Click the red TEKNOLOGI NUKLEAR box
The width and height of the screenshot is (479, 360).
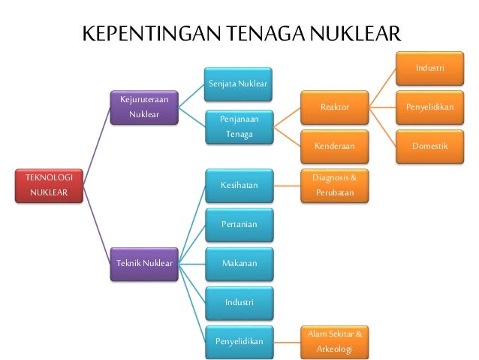click(49, 186)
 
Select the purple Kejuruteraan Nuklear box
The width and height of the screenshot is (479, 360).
click(143, 107)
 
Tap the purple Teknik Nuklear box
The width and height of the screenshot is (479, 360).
click(143, 263)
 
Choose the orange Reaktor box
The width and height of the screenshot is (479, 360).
click(334, 107)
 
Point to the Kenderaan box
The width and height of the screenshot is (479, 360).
click(334, 146)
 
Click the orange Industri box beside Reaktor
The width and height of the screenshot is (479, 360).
click(429, 68)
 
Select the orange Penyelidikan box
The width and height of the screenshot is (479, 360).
click(429, 107)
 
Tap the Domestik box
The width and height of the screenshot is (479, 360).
click(429, 146)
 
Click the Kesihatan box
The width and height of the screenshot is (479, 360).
click(239, 185)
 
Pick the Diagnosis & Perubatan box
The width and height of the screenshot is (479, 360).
click(334, 185)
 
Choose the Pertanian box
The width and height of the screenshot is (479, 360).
click(239, 224)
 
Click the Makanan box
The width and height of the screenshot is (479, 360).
click(239, 263)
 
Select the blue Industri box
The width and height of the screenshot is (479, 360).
click(239, 302)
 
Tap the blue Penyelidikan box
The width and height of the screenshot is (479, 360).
click(239, 341)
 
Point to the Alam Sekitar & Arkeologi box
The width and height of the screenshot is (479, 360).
click(334, 341)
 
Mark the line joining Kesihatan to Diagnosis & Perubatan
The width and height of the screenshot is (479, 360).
click(287, 185)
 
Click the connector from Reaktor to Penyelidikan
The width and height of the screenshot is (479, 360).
click(382, 107)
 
